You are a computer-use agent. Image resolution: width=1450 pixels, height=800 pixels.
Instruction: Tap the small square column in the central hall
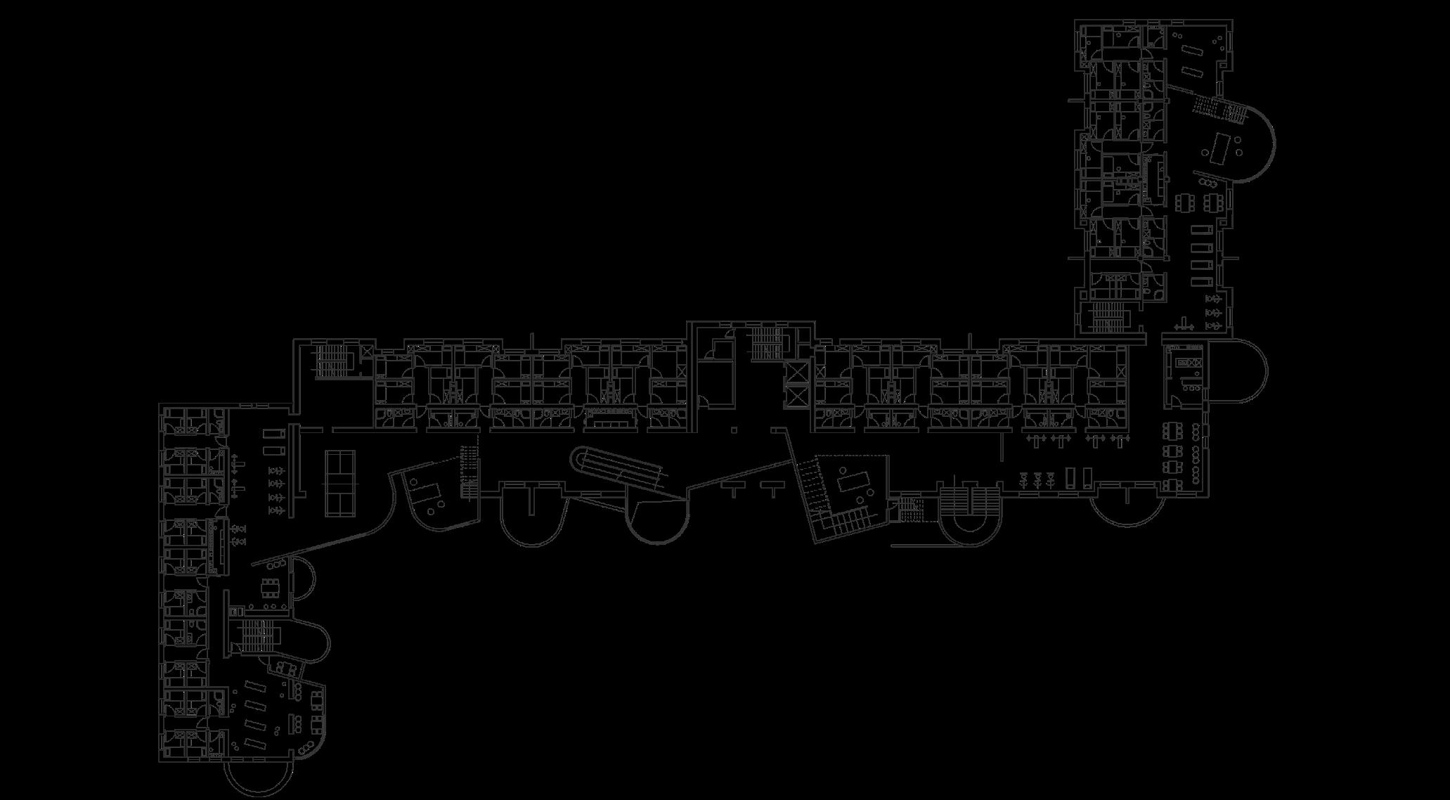734,430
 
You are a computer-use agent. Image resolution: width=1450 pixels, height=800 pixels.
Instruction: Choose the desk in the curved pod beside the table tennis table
426,491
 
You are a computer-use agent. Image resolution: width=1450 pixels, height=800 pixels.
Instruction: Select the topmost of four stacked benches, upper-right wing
1198,230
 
